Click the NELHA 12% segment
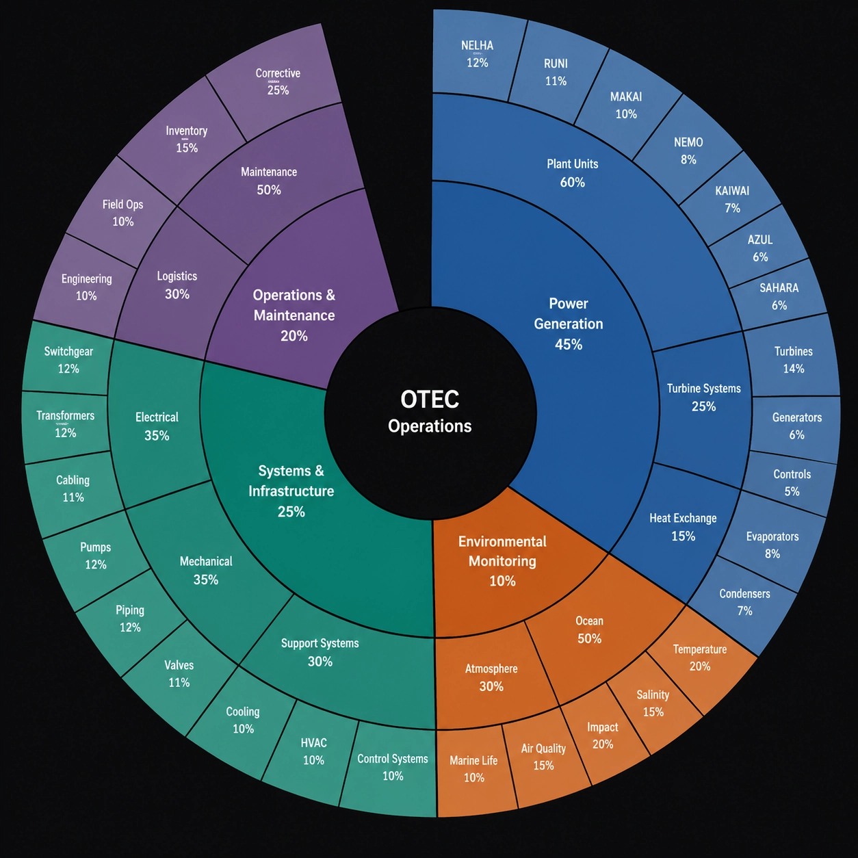478,54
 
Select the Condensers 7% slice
744,602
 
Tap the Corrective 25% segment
278,81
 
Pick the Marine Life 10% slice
473,769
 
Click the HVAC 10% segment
313,751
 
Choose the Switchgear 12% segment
68,360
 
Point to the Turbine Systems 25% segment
703,397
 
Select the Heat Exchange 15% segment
683,527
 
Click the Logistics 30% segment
177,285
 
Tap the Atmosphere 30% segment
491,677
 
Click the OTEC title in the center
430,400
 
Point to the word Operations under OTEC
430,426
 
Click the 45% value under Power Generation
569,344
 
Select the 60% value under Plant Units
573,182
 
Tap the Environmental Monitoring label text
503,551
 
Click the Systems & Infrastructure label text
291,481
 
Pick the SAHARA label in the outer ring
779,288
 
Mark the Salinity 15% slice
653,703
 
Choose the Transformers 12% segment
66,424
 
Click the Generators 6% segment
796,426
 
